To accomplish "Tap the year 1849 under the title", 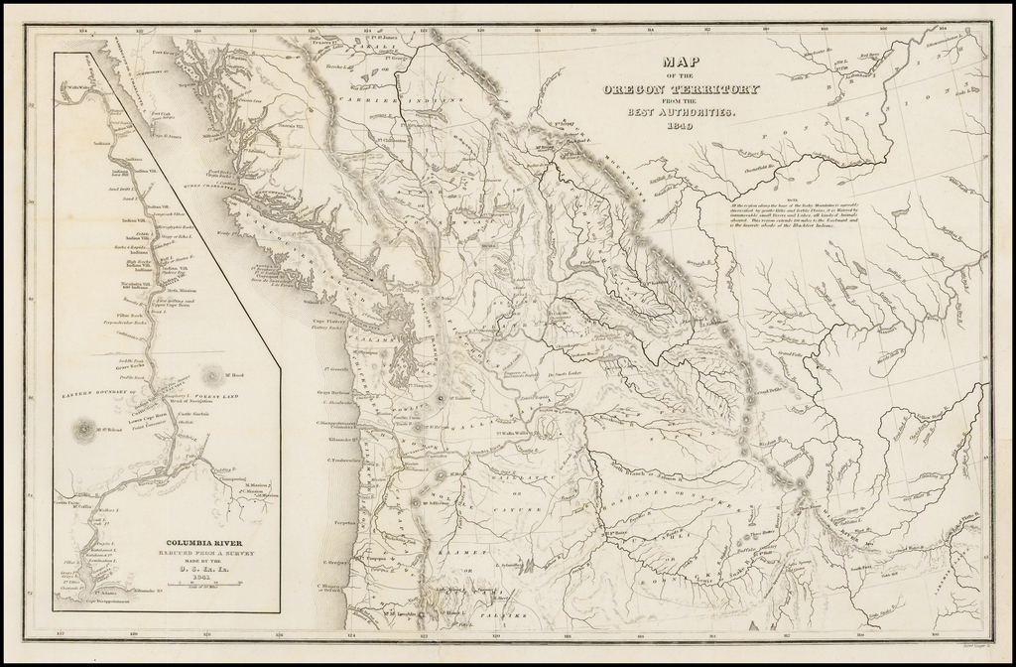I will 681,127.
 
